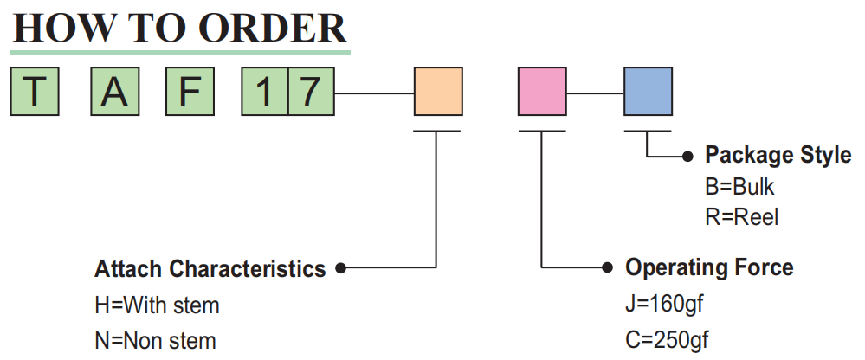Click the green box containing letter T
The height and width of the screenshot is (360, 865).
35,92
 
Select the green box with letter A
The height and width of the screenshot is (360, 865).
115,92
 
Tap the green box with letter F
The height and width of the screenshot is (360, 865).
190,92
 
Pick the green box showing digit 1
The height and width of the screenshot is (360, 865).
265,92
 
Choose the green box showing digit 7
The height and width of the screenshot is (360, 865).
311,92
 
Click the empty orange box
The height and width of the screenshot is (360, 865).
439,92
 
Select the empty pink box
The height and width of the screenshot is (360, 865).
542,92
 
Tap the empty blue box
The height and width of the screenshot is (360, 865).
649,92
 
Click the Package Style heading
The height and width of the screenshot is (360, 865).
778,156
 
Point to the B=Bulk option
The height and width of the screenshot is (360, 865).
739,188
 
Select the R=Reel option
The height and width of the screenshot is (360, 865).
742,217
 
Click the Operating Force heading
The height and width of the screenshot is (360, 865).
709,267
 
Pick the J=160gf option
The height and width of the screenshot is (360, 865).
665,304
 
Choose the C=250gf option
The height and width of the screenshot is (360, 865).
667,340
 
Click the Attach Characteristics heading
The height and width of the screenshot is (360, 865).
210,269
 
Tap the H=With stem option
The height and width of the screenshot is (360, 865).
158,305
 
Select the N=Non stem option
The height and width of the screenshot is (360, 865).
156,341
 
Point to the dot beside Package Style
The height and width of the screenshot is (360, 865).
687,157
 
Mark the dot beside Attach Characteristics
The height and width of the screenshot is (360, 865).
341,268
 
